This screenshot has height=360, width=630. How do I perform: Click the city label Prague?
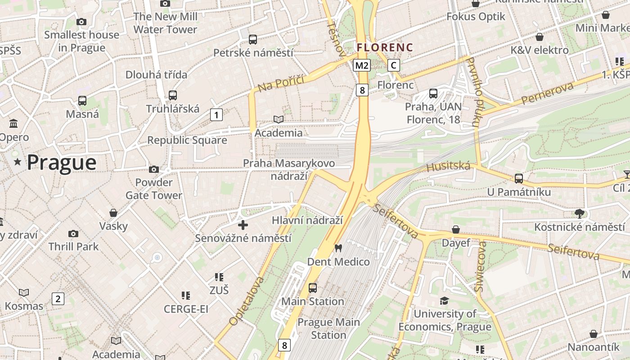[62, 162]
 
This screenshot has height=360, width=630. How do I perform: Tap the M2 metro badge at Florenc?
[362, 66]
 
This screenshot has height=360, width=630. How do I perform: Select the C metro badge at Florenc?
[394, 65]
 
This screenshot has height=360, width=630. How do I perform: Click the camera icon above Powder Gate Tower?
[154, 170]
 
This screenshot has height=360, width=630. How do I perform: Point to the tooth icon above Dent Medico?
[338, 248]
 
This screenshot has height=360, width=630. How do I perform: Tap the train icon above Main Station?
[312, 288]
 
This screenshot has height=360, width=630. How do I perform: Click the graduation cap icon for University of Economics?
[445, 301]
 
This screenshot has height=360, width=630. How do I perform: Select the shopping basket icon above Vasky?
[113, 213]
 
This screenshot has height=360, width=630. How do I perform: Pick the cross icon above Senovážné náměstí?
[243, 225]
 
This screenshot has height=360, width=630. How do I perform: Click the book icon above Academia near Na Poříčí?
[279, 119]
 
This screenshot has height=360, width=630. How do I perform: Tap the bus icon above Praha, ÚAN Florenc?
[433, 94]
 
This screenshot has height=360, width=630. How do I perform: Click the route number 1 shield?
[216, 115]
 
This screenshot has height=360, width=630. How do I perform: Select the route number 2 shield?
[58, 298]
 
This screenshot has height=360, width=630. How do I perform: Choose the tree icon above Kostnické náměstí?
[579, 213]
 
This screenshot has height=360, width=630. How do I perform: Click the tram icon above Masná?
[82, 101]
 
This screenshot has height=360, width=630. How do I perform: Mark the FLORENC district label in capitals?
[385, 47]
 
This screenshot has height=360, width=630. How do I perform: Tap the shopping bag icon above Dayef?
[455, 229]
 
